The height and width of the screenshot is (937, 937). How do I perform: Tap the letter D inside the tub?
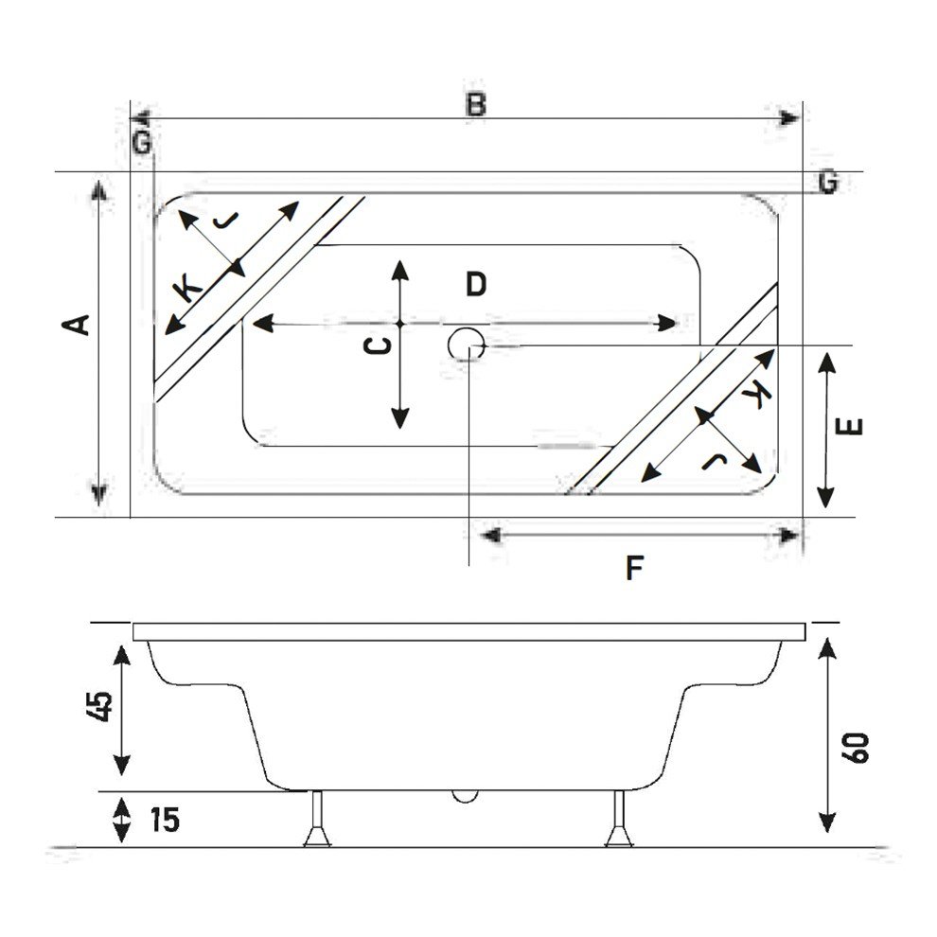pos(475,283)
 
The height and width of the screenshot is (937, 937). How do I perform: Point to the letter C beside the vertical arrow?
pos(378,346)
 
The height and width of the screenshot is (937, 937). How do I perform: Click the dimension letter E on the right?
pos(852,425)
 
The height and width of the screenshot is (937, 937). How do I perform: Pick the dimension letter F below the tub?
pos(634,568)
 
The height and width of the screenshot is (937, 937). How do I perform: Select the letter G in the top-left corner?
pos(142,143)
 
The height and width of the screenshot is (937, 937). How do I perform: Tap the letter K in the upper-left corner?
pos(188,286)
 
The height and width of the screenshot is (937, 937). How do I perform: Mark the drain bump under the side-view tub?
pos(465,794)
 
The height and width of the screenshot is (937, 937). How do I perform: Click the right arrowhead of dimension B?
pos(789,118)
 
